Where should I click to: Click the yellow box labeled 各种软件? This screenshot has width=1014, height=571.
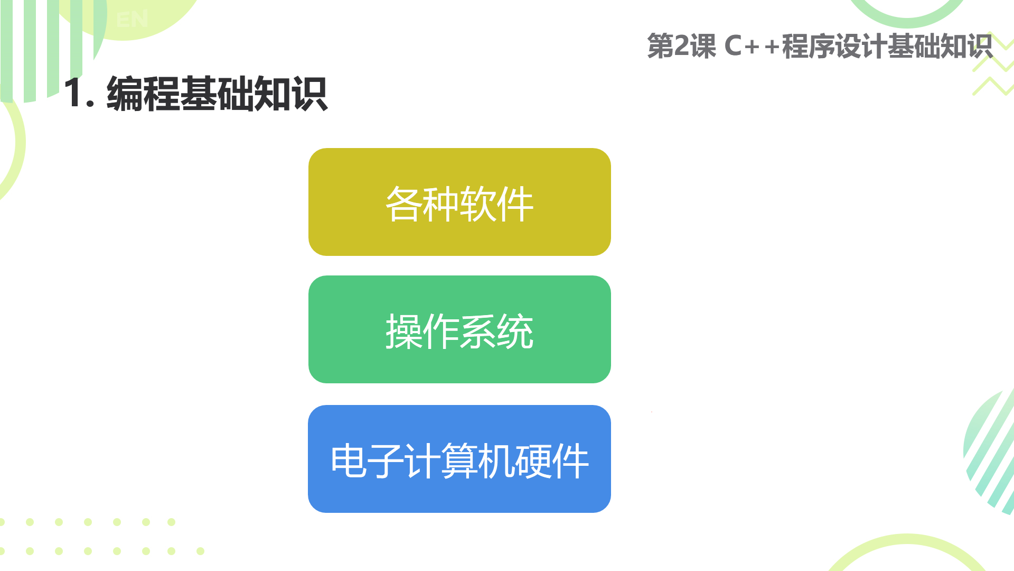click(x=459, y=202)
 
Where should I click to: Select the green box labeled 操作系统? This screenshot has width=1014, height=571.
click(x=459, y=329)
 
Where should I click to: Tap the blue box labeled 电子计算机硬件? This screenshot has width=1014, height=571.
click(x=459, y=459)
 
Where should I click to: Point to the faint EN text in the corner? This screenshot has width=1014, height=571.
click(x=132, y=20)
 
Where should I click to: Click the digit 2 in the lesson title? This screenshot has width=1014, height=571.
click(x=682, y=46)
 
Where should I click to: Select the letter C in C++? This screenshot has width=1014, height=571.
click(x=734, y=46)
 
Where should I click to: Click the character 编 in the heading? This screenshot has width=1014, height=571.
click(x=125, y=94)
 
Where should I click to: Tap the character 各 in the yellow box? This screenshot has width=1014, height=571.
click(x=403, y=204)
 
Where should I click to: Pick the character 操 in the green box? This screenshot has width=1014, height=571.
click(x=403, y=331)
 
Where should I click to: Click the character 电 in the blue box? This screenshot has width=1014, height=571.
click(x=349, y=461)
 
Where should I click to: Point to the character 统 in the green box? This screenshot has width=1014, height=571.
click(x=515, y=331)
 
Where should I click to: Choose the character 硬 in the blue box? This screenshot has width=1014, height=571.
click(x=533, y=461)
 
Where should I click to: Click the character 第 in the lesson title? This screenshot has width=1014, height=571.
click(x=661, y=46)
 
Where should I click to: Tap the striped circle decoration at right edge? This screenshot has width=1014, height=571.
click(x=989, y=452)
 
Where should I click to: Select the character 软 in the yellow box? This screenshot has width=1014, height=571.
click(x=478, y=204)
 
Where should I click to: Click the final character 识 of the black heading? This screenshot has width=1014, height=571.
click(x=309, y=94)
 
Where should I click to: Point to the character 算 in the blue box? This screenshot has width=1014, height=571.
click(x=459, y=461)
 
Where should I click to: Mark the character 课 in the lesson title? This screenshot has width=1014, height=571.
click(x=703, y=46)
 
